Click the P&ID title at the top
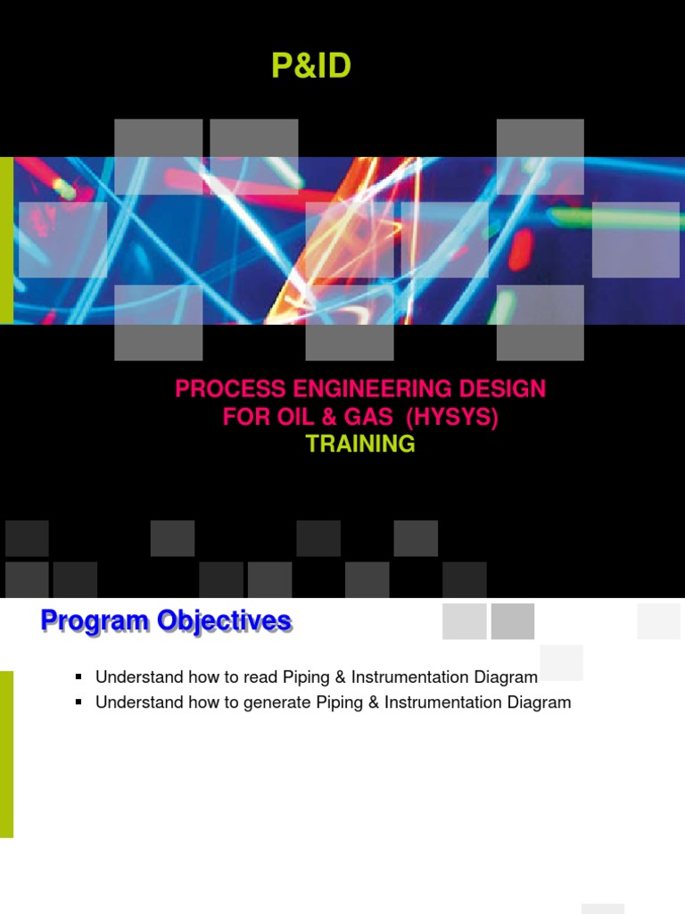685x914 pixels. coord(311,65)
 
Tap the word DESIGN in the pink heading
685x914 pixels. coord(502,389)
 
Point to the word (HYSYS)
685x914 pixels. coord(452,418)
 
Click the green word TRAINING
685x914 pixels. coord(360,445)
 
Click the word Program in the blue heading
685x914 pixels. coord(95,621)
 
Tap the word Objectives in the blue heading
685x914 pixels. coord(224,621)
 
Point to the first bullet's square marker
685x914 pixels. coord(78,677)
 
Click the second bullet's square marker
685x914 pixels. coord(78,702)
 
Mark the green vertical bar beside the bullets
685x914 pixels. coord(6,754)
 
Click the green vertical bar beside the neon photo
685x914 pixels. coord(6,240)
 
